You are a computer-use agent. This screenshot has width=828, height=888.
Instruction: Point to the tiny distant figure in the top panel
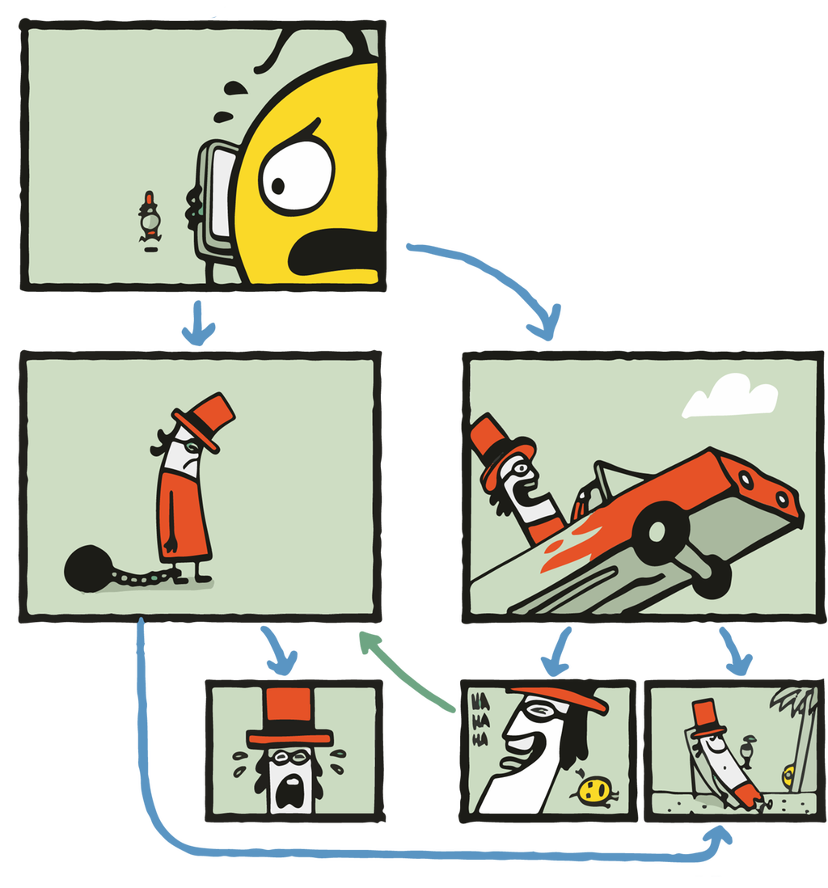click(x=149, y=218)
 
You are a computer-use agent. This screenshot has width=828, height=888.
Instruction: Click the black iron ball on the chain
click(x=87, y=568)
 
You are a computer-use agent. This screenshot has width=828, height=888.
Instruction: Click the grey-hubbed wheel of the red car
click(x=660, y=531)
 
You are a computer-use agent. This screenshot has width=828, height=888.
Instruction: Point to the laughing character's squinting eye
click(x=534, y=713)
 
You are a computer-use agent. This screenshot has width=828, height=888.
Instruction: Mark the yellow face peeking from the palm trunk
click(x=788, y=777)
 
